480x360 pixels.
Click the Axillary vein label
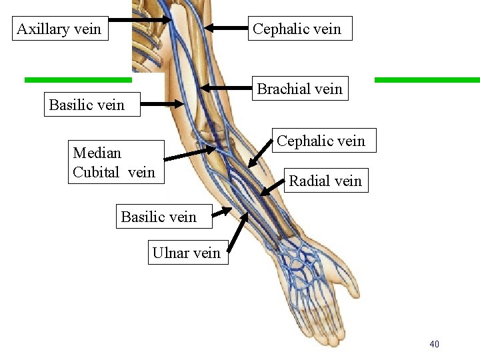(59, 29)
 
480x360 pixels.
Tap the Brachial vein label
(299, 89)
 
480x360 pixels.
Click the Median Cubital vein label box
(115, 162)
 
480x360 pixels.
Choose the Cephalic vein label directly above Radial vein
(321, 141)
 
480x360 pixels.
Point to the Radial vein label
(325, 181)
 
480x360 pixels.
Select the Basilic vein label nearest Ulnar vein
(159, 217)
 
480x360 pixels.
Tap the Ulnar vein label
(187, 253)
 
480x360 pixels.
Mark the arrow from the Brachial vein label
(227, 87)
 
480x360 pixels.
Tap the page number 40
(434, 344)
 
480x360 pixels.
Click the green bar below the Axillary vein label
(78, 80)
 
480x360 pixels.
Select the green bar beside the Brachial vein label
(427, 80)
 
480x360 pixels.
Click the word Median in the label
(97, 153)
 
